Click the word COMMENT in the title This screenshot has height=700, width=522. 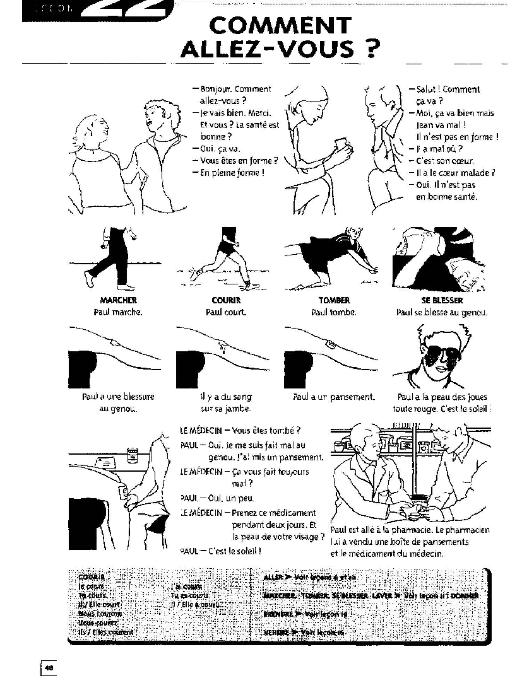tap(280, 26)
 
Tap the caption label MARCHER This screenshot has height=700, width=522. tap(118, 301)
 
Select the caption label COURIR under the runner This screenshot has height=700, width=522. tap(226, 301)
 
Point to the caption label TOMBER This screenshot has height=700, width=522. tap(334, 301)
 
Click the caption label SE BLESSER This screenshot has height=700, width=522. tap(442, 301)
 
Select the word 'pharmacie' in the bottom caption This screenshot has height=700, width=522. tap(405, 530)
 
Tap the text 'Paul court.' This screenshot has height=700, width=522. tap(226, 312)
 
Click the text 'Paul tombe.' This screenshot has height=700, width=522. tap(334, 312)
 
